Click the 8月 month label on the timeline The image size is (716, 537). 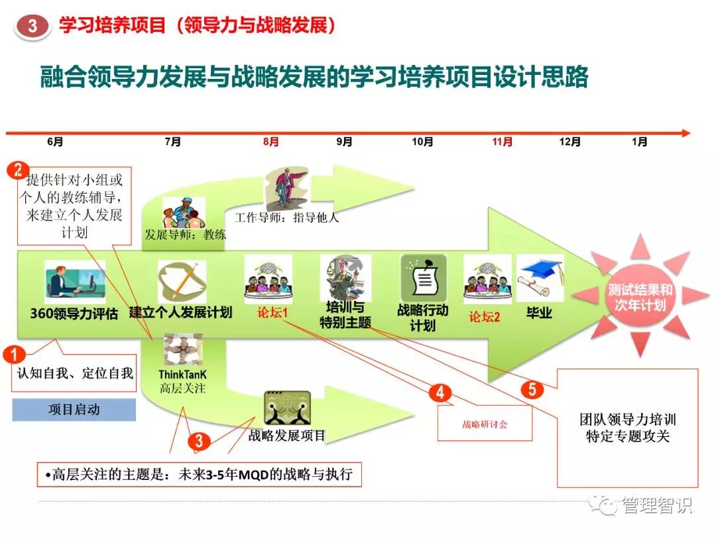tap(270, 142)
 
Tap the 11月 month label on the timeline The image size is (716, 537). tap(502, 142)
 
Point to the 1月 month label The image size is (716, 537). tap(639, 142)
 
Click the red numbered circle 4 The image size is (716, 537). tap(440, 392)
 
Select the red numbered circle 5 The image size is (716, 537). tap(532, 390)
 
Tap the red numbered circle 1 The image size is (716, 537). tap(14, 354)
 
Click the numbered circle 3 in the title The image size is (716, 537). tap(32, 26)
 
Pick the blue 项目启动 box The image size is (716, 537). tap(74, 410)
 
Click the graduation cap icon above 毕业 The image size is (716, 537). tap(540, 278)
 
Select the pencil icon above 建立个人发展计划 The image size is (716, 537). tap(182, 281)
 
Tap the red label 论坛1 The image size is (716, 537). tap(272, 313)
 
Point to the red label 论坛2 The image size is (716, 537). tap(484, 316)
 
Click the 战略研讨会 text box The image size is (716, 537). tap(485, 424)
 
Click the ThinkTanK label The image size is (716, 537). tap(182, 375)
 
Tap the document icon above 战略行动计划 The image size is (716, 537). tap(423, 278)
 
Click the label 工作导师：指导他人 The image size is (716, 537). tap(287, 218)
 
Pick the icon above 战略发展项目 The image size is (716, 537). tap(288, 408)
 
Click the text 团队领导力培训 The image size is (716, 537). tap(627, 419)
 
